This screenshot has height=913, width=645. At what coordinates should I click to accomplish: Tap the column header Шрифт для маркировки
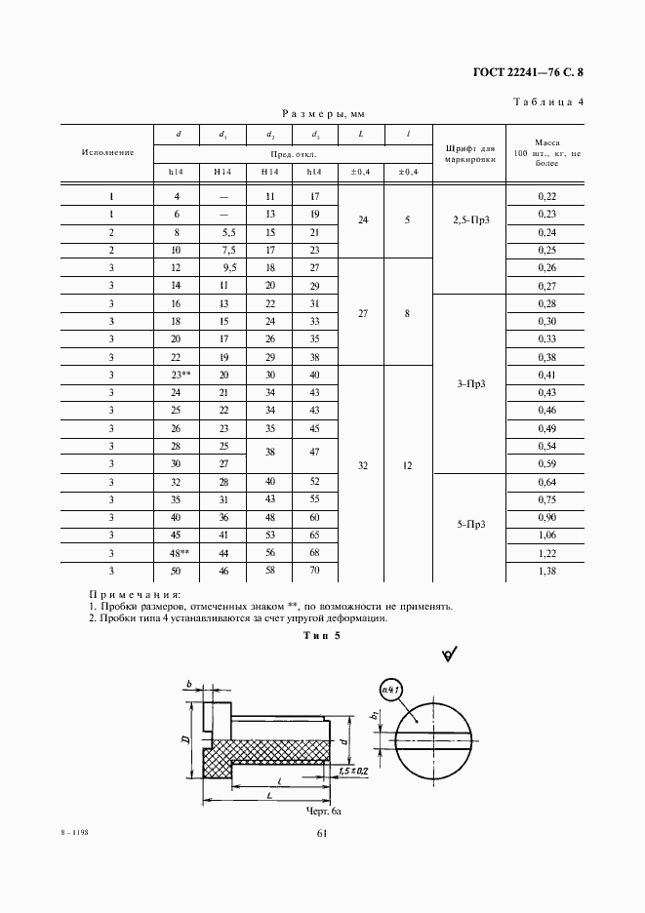470,152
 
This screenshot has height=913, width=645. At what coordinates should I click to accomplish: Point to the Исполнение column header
107,152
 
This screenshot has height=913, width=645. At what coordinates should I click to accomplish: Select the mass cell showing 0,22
546,197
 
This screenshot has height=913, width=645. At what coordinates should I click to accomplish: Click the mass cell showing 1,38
546,570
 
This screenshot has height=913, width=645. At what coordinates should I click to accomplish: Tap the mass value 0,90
546,517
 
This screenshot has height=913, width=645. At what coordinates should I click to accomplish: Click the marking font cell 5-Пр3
470,525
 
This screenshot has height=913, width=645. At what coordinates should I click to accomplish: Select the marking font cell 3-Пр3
470,383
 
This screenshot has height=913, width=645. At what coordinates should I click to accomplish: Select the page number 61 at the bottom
322,832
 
